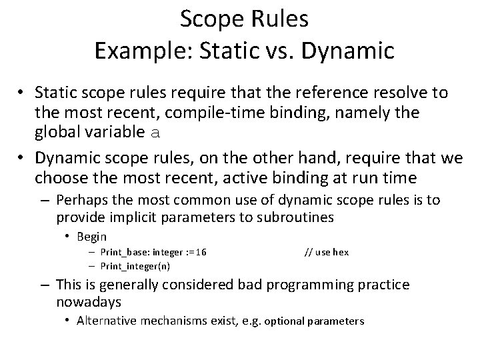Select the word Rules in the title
click(x=277, y=19)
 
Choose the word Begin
click(x=92, y=236)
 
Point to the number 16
click(x=200, y=252)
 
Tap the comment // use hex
click(x=327, y=252)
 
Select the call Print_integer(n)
click(x=135, y=266)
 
